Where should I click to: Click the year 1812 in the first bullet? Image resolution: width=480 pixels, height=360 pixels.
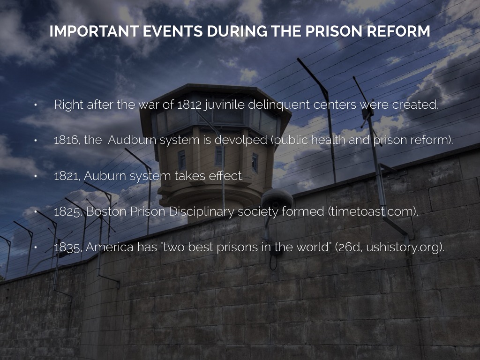(x=189, y=105)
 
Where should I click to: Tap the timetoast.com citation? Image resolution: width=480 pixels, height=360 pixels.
(x=373, y=211)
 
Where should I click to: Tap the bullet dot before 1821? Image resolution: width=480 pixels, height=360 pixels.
(x=36, y=176)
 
